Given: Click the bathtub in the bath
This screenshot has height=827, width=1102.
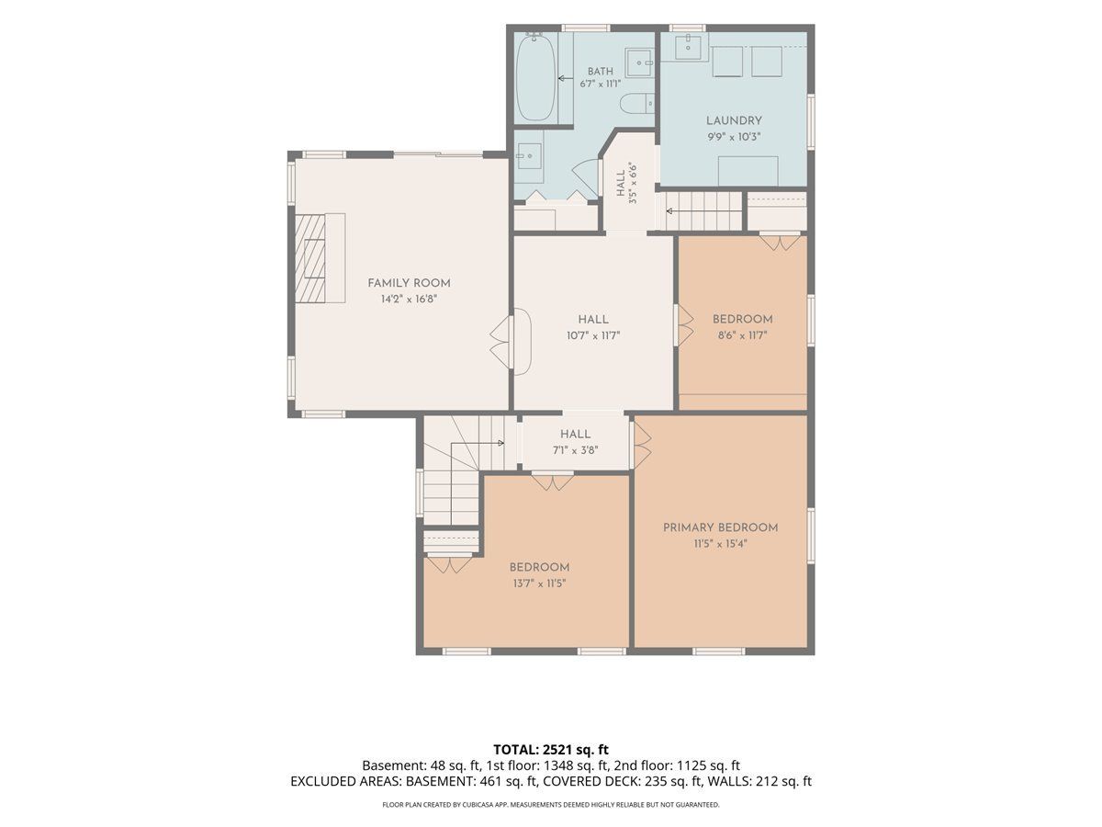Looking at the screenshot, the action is [x=535, y=77].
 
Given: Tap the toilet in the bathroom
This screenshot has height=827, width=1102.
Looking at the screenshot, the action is [x=636, y=104].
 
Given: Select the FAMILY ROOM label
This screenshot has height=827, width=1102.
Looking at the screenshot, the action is [x=409, y=283].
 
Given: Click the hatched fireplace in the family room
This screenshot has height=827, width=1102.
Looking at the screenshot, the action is [x=309, y=258].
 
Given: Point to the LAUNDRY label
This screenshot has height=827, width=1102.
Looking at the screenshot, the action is [x=734, y=120].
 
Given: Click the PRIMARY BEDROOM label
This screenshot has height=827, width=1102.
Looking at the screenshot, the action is [x=721, y=527].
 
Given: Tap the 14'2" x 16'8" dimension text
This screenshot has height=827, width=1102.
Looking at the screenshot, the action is [x=409, y=300].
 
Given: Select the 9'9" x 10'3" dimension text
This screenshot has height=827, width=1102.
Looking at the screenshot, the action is [x=734, y=137].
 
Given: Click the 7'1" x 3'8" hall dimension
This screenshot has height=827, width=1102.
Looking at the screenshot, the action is [x=576, y=450].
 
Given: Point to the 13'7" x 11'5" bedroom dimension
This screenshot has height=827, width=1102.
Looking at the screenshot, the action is [x=539, y=583].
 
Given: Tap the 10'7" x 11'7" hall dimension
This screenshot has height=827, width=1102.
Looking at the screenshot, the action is [x=593, y=335].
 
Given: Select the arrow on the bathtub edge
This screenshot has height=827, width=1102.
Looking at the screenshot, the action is [x=566, y=78].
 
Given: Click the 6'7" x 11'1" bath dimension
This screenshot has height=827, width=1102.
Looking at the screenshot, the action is [x=601, y=84].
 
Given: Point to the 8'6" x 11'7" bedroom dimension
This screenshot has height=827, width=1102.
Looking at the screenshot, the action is [x=743, y=335].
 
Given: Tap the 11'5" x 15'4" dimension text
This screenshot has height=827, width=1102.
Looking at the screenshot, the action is [x=721, y=543].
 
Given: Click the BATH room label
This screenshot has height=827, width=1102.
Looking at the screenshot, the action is [x=601, y=72].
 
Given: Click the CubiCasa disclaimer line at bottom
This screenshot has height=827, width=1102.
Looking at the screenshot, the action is [x=551, y=805].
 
